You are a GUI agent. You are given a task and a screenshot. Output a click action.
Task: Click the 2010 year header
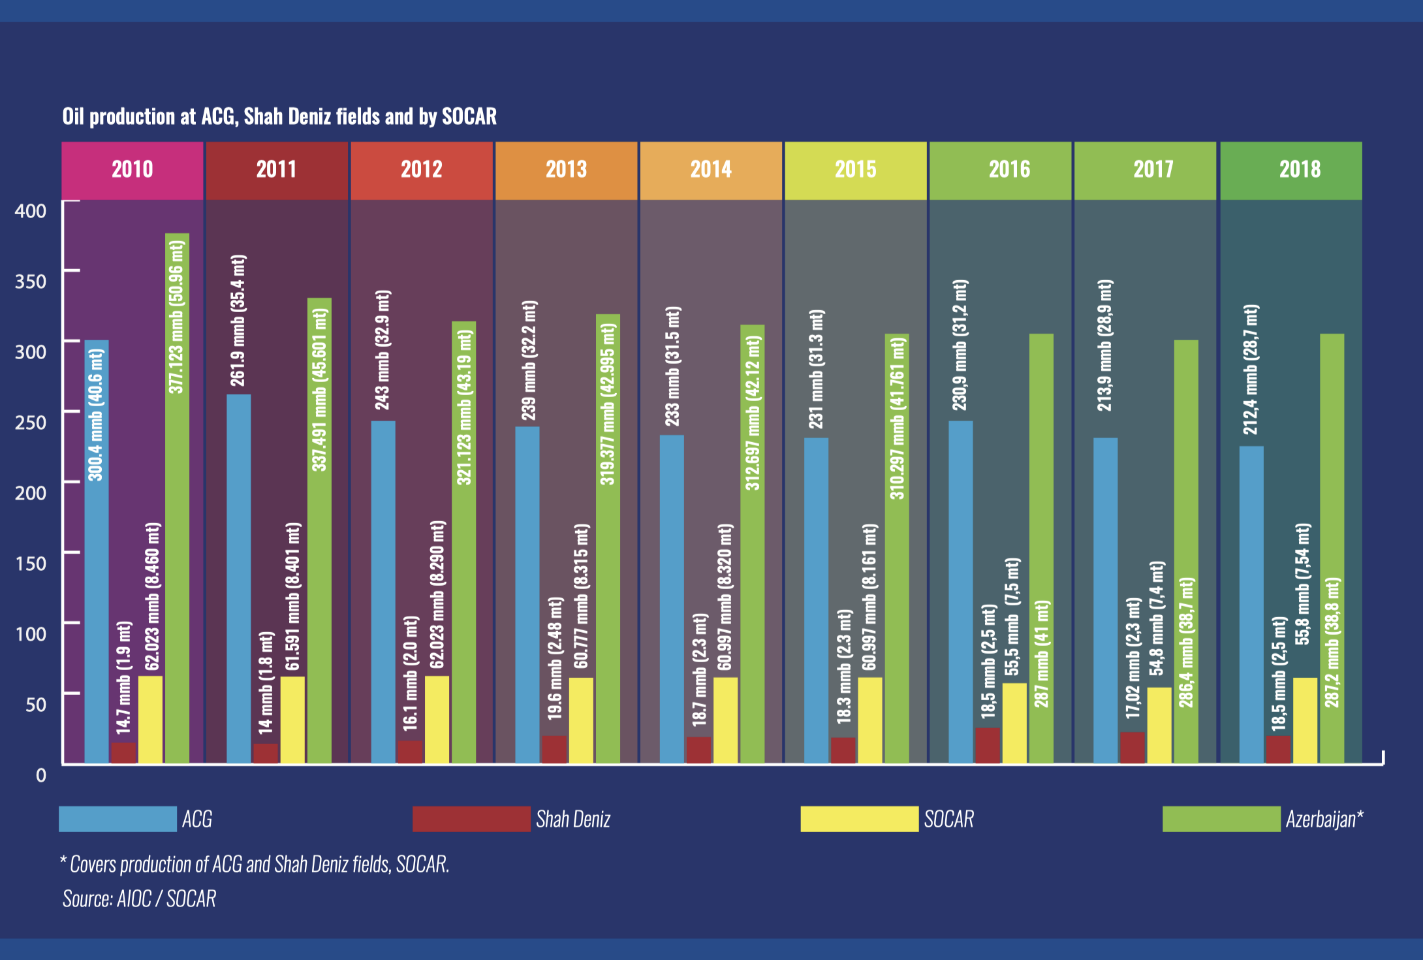[x=133, y=170]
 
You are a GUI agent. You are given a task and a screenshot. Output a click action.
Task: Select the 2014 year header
[x=711, y=170]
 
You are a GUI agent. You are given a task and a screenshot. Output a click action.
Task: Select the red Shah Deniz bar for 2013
[x=554, y=750]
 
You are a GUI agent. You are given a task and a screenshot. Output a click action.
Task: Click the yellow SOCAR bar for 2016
[x=1014, y=724]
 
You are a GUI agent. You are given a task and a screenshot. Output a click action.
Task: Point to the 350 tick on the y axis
[x=31, y=281]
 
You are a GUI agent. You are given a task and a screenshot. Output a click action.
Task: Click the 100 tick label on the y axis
[x=31, y=633]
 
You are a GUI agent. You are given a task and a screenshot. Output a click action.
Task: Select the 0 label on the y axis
[x=41, y=775]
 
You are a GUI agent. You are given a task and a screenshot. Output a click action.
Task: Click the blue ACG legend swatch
[x=117, y=819]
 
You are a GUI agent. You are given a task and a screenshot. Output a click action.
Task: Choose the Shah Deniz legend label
[x=573, y=819]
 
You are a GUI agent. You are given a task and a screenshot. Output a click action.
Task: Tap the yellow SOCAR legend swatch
[x=859, y=819]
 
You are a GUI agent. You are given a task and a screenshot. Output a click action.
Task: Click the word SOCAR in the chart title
[x=469, y=116]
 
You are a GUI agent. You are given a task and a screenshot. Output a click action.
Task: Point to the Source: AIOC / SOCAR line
[x=139, y=899]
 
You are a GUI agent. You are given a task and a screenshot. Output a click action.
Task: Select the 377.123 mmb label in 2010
[x=176, y=317]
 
